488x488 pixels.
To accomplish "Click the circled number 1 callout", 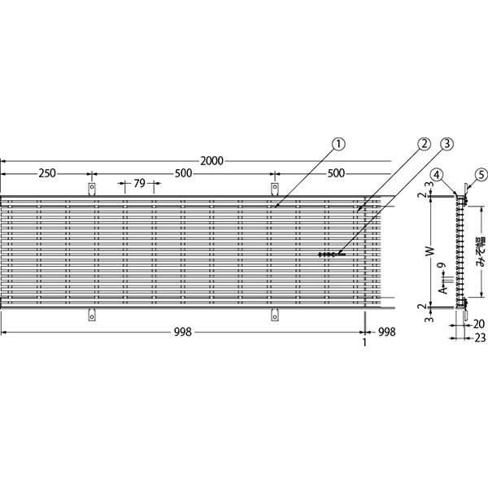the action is (x=338, y=144).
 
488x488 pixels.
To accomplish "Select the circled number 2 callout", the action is (x=424, y=144).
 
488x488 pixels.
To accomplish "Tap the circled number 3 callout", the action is (x=447, y=144).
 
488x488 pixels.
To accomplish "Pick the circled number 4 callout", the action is (x=438, y=175).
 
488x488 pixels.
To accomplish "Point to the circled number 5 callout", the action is (x=481, y=175).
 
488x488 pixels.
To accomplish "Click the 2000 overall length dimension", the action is (x=211, y=161).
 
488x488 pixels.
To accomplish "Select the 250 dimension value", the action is (x=47, y=173).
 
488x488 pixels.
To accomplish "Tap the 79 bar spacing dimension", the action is (x=140, y=183).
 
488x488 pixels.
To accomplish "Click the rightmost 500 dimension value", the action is (x=336, y=173).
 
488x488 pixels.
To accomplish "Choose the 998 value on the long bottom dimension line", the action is (x=183, y=333).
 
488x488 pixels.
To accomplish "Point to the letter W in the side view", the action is (x=429, y=251).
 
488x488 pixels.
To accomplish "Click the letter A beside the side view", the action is (x=443, y=290).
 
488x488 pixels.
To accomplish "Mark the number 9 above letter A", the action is (x=442, y=265).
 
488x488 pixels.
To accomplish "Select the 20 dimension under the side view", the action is (x=479, y=325).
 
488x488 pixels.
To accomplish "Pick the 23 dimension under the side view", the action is (x=481, y=338).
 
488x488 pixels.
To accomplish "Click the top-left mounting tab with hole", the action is (x=92, y=189).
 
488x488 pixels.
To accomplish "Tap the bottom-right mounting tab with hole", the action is (x=275, y=315).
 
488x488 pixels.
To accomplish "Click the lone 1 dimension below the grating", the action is (x=364, y=342).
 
